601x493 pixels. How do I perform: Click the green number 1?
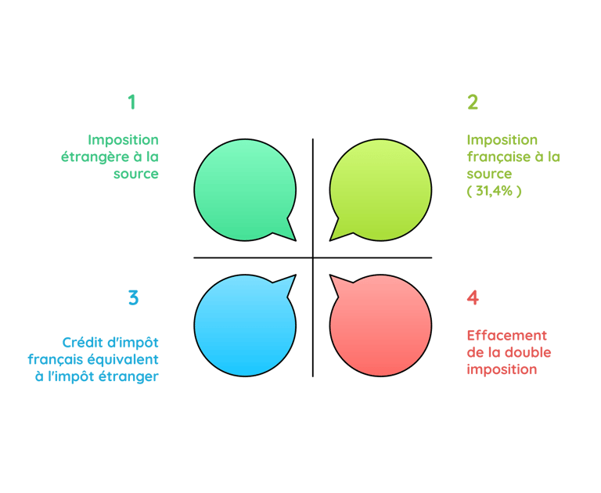131,102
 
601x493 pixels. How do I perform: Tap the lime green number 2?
473,103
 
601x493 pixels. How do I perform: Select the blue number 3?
133,298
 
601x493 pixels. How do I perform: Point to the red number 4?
473,298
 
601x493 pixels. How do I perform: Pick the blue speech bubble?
243,326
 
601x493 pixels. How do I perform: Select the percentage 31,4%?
494,190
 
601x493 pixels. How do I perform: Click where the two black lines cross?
312,257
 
